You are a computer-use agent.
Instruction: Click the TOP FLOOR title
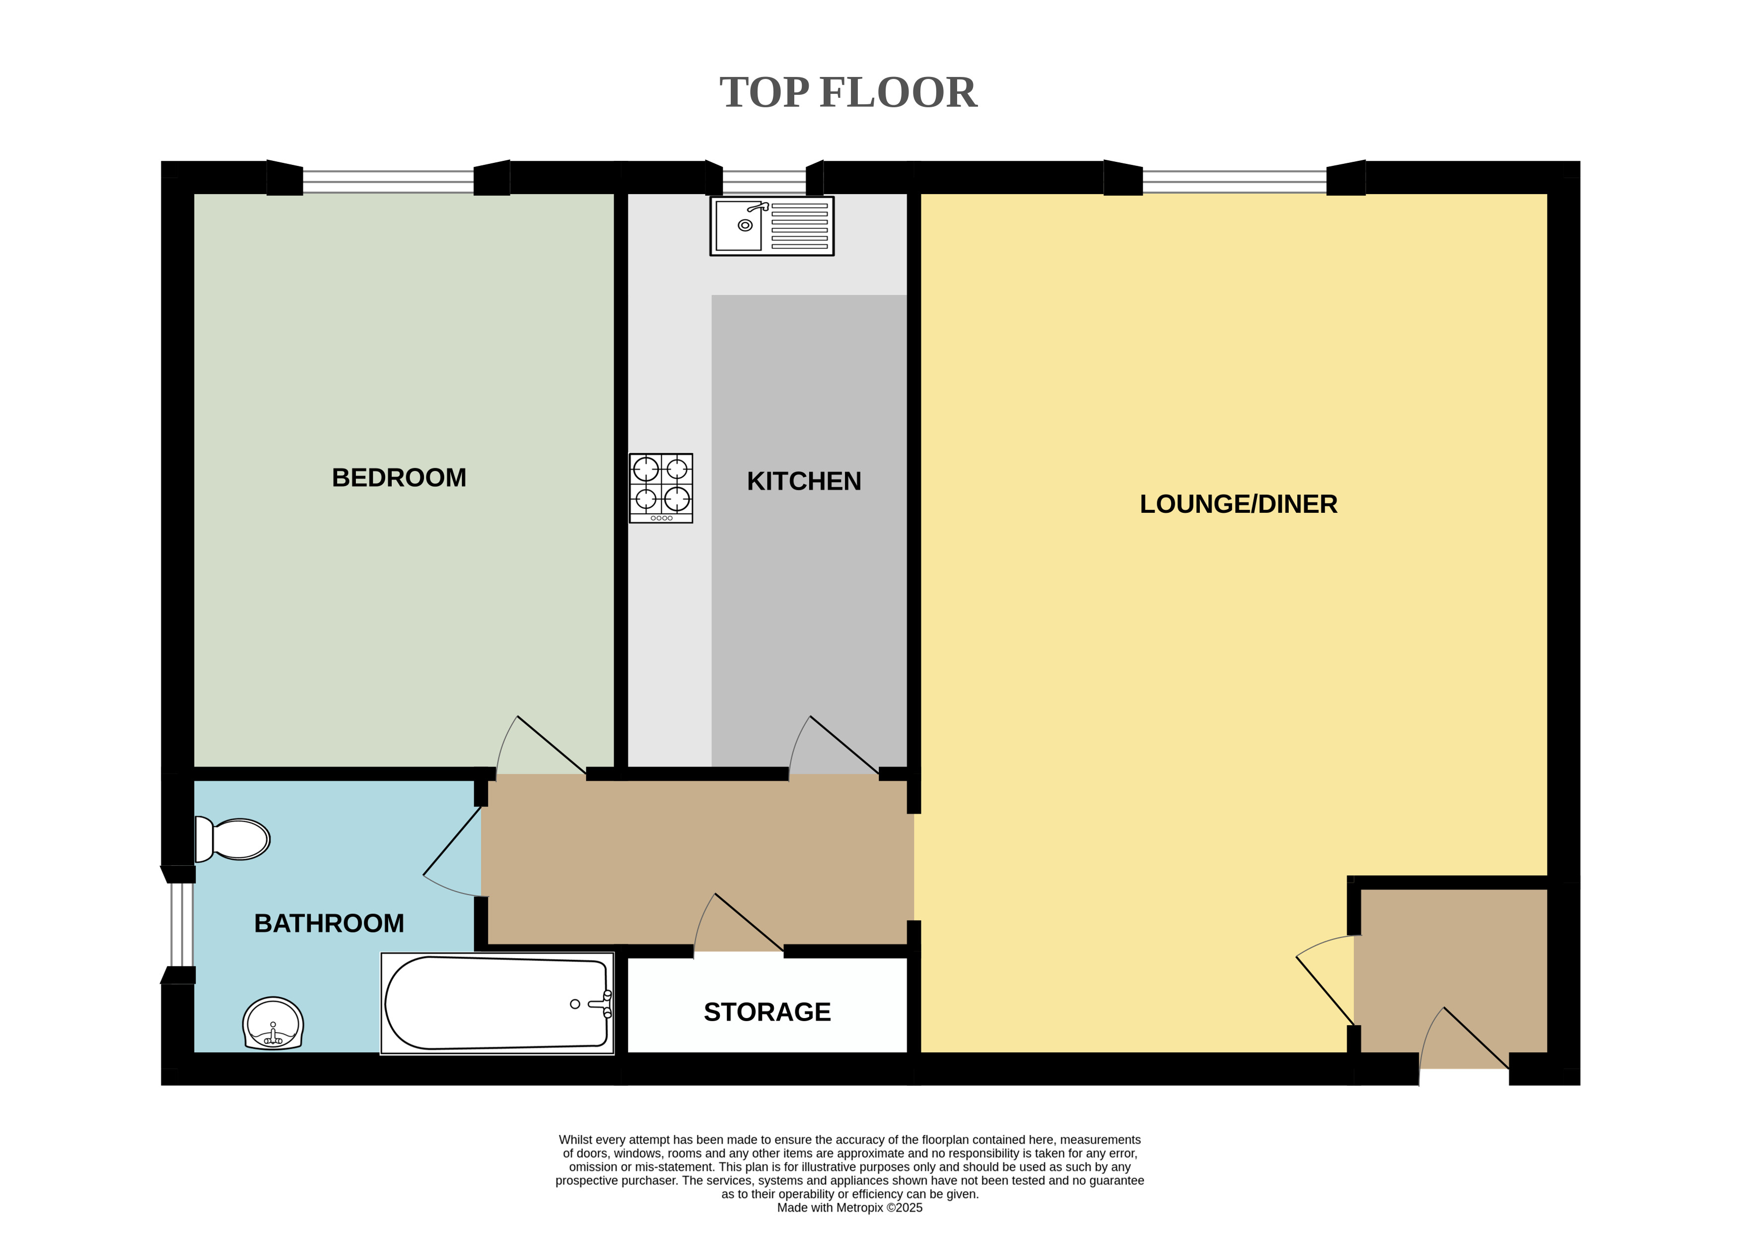pyautogui.click(x=848, y=93)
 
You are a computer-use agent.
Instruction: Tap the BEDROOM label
pyautogui.click(x=399, y=477)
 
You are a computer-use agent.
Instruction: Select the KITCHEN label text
pyautogui.click(x=804, y=481)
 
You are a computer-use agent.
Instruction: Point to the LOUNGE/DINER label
pyautogui.click(x=1239, y=504)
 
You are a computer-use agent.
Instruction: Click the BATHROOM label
pyautogui.click(x=329, y=923)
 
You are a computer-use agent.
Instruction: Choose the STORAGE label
pyautogui.click(x=767, y=1012)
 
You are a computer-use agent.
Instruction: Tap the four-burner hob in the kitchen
pyautogui.click(x=661, y=488)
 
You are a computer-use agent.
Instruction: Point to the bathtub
pyautogui.click(x=497, y=1003)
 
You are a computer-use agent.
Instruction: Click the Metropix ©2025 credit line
pyautogui.click(x=849, y=1208)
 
